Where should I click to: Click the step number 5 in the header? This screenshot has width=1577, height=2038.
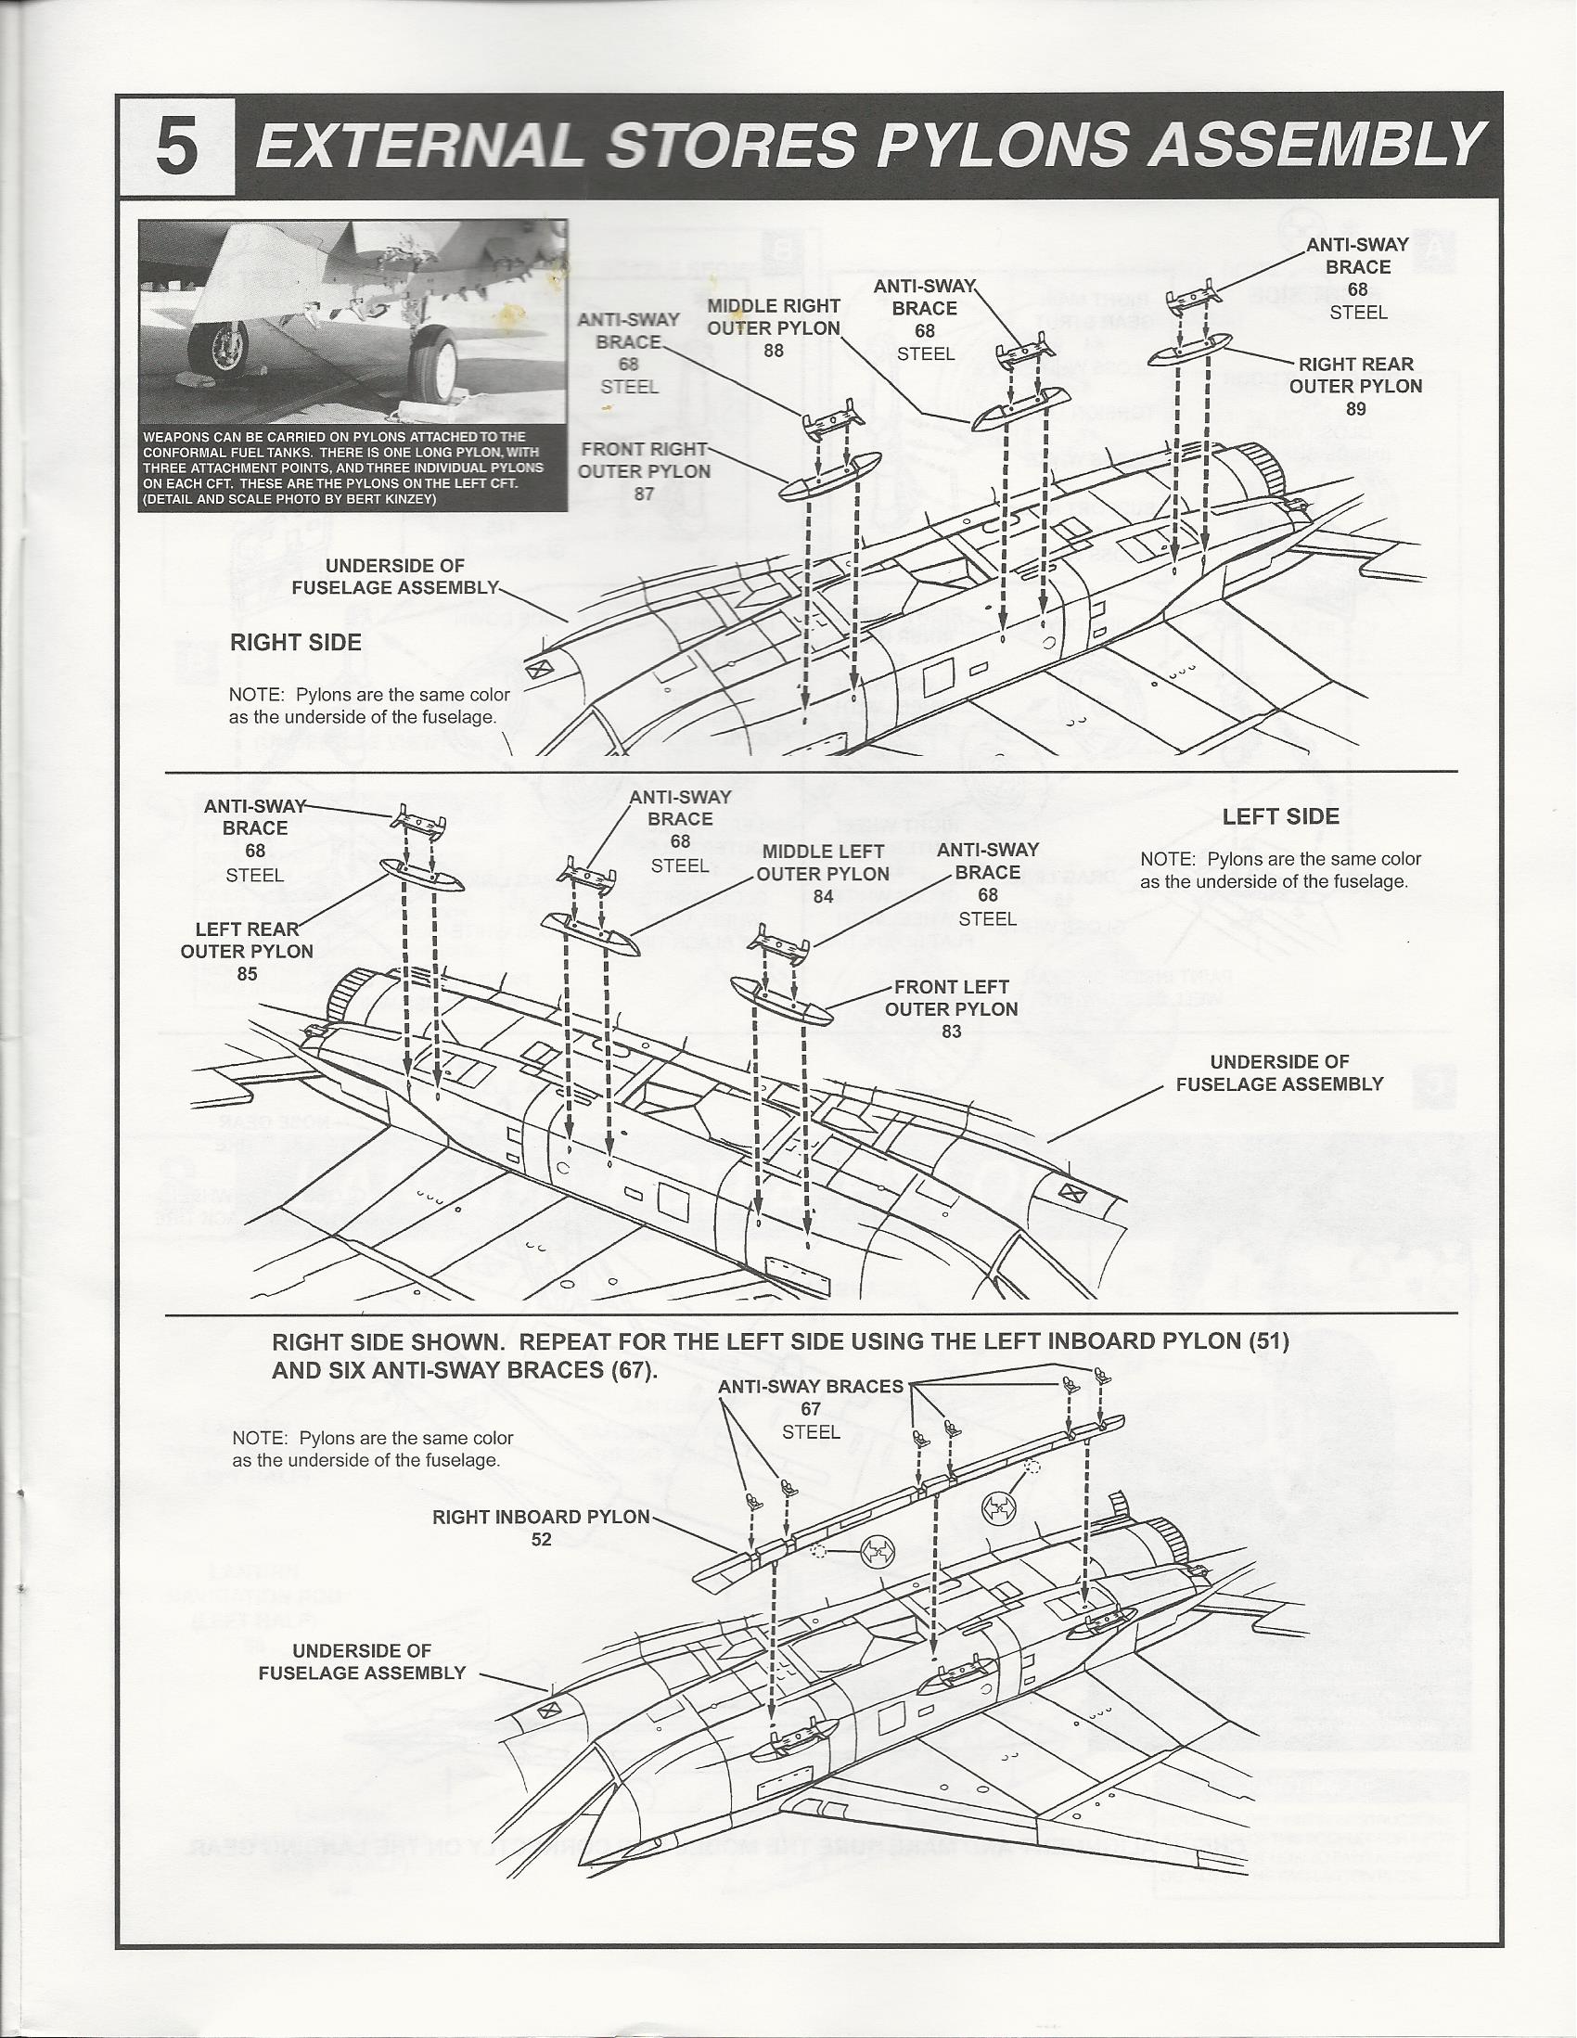tap(177, 147)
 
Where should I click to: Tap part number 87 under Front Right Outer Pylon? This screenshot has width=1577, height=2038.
tap(644, 494)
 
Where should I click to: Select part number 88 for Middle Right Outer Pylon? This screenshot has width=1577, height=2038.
tap(774, 351)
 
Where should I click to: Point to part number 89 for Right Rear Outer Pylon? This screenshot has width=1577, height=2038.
tap(1356, 409)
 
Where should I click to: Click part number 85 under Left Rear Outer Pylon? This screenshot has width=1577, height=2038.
tap(248, 974)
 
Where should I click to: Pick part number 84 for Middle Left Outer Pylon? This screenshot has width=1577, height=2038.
tap(822, 897)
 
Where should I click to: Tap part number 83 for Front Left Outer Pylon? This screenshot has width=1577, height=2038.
tap(951, 1032)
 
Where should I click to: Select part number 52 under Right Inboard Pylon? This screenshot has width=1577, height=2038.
tap(541, 1540)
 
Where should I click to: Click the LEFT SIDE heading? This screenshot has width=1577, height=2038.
tap(1280, 816)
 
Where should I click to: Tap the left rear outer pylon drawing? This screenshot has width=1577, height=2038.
tap(422, 877)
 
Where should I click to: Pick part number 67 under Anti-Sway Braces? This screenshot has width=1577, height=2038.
tap(810, 1409)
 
